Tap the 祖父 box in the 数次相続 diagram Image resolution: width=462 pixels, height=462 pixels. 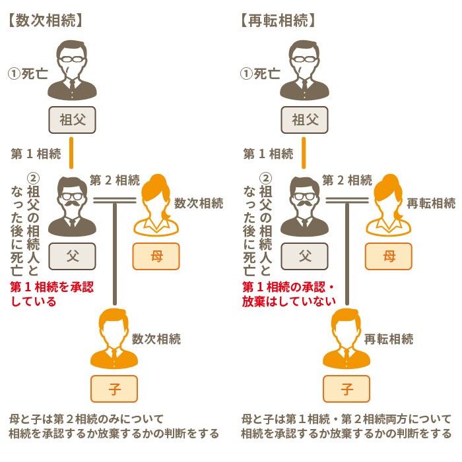(72, 120)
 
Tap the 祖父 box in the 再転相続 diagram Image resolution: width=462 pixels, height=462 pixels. (304, 120)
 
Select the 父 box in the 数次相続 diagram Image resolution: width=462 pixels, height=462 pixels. (72, 256)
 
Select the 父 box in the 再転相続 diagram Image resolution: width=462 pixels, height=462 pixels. (304, 256)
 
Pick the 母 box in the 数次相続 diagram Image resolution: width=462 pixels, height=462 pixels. (156, 256)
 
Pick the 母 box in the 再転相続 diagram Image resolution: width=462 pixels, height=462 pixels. (389, 256)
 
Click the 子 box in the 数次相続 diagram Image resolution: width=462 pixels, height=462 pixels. (114, 389)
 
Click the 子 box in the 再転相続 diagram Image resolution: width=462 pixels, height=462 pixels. (346, 389)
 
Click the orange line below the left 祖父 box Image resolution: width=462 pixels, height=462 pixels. (72, 154)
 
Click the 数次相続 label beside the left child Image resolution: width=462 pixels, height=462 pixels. (156, 339)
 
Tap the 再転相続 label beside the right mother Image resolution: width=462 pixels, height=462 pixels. (430, 203)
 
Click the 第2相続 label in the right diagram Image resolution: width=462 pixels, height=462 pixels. (346, 180)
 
